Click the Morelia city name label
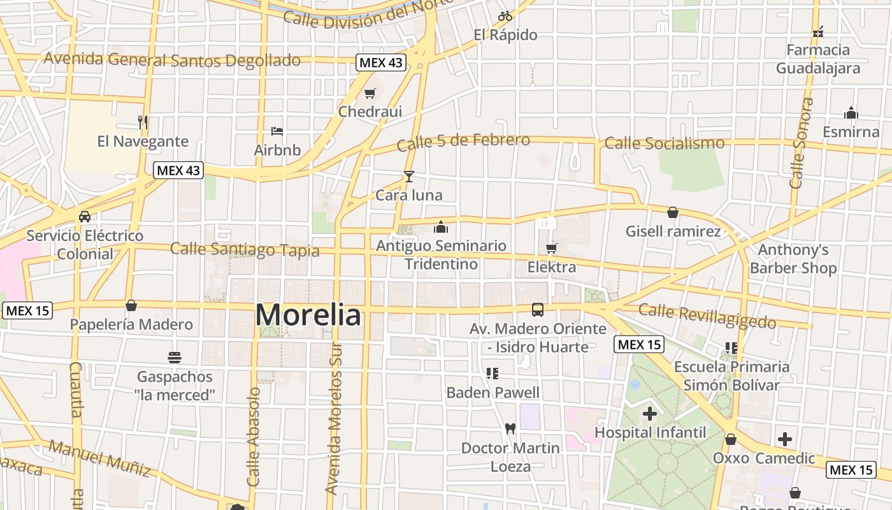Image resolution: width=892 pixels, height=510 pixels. click(x=308, y=315)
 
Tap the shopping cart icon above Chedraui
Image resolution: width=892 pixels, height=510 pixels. click(x=370, y=94)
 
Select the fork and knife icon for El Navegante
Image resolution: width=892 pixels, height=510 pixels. click(x=143, y=122)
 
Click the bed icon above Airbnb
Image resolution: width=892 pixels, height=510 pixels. click(x=277, y=131)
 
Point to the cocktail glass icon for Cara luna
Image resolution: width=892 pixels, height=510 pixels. click(x=408, y=177)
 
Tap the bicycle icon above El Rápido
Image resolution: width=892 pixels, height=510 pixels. click(x=505, y=16)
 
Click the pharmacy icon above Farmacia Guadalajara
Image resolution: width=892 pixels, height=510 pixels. click(x=818, y=31)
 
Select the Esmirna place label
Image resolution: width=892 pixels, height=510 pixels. click(x=851, y=132)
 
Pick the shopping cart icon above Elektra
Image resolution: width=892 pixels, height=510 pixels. click(x=551, y=248)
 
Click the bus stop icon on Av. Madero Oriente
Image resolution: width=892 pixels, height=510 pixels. click(x=538, y=310)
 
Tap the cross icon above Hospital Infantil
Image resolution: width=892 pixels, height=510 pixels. click(x=650, y=414)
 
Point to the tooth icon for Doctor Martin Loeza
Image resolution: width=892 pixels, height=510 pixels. click(x=510, y=429)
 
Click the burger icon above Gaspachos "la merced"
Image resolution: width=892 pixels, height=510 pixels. click(x=175, y=357)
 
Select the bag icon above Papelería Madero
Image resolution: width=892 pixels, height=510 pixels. click(x=131, y=305)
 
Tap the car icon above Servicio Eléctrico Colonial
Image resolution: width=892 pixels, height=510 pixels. click(x=85, y=216)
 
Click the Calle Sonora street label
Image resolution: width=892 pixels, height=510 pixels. click(x=802, y=143)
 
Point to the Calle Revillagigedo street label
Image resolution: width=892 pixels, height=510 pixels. click(x=707, y=316)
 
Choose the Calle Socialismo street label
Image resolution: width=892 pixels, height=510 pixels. click(x=664, y=143)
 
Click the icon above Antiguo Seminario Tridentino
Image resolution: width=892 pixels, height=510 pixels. click(x=441, y=227)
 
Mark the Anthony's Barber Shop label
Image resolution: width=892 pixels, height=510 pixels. click(x=793, y=259)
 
